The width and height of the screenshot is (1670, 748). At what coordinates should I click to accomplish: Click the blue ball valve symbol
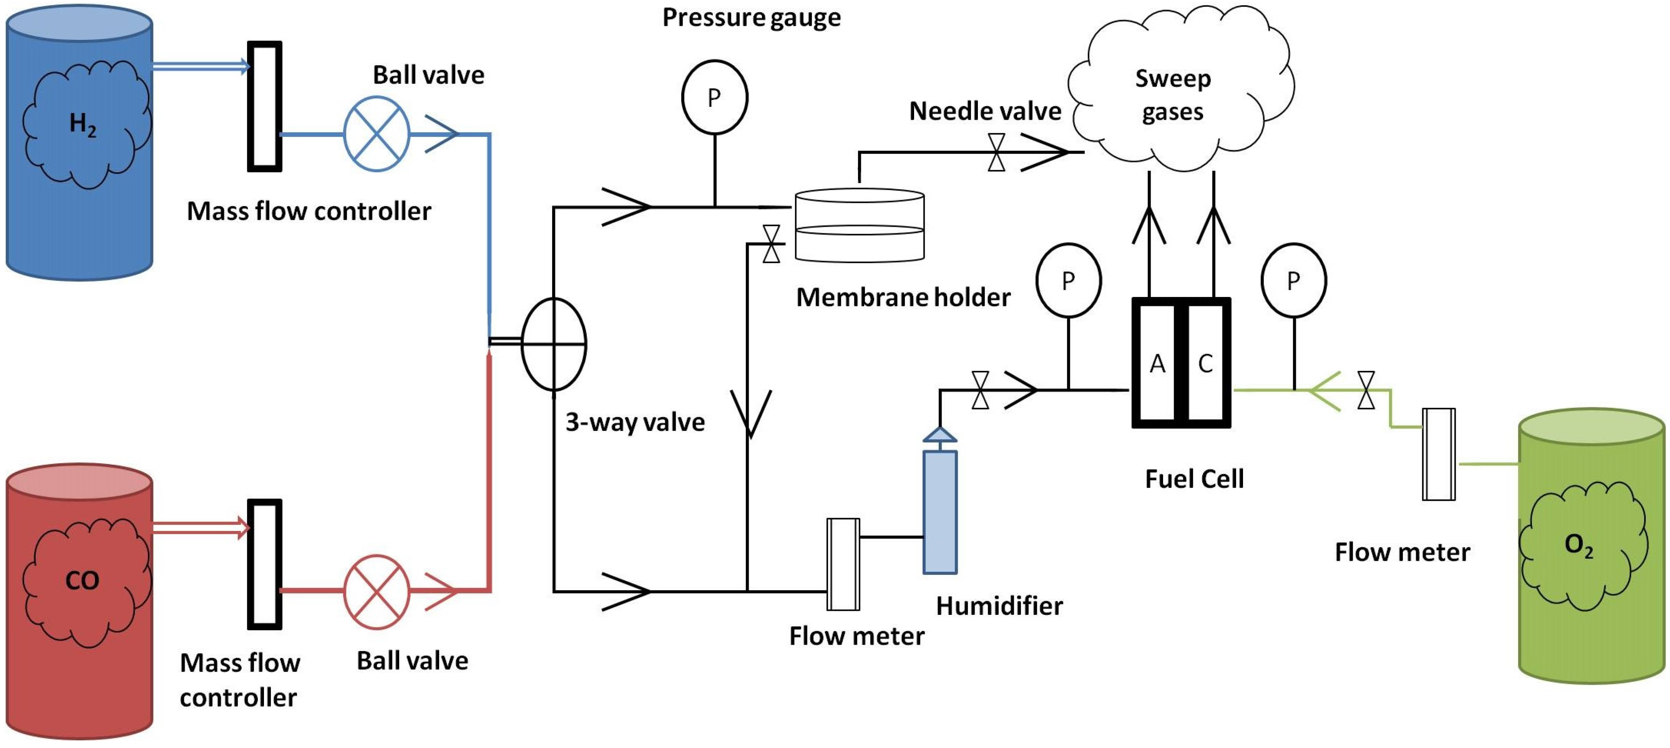[376, 134]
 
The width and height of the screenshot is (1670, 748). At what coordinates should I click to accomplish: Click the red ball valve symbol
[376, 591]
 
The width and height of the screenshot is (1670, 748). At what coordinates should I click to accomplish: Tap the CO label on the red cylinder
[82, 580]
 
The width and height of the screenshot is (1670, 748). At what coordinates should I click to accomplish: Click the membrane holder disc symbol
[859, 225]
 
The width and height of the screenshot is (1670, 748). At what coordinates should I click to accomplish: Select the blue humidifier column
[940, 512]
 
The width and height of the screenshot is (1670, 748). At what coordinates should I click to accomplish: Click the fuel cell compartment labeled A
[1157, 364]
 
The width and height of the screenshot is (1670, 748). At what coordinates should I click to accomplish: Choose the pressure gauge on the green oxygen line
[1293, 281]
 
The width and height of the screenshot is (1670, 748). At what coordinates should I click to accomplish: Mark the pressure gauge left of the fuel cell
[1068, 281]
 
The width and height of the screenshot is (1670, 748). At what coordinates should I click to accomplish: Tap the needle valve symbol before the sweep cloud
[996, 153]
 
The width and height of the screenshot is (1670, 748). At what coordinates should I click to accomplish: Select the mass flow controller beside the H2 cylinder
[264, 106]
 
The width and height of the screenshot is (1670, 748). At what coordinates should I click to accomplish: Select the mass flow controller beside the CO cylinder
[264, 564]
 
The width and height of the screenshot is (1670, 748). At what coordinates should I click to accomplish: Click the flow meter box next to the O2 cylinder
[1439, 454]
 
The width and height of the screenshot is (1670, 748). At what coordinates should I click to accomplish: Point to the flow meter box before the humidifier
[843, 564]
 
